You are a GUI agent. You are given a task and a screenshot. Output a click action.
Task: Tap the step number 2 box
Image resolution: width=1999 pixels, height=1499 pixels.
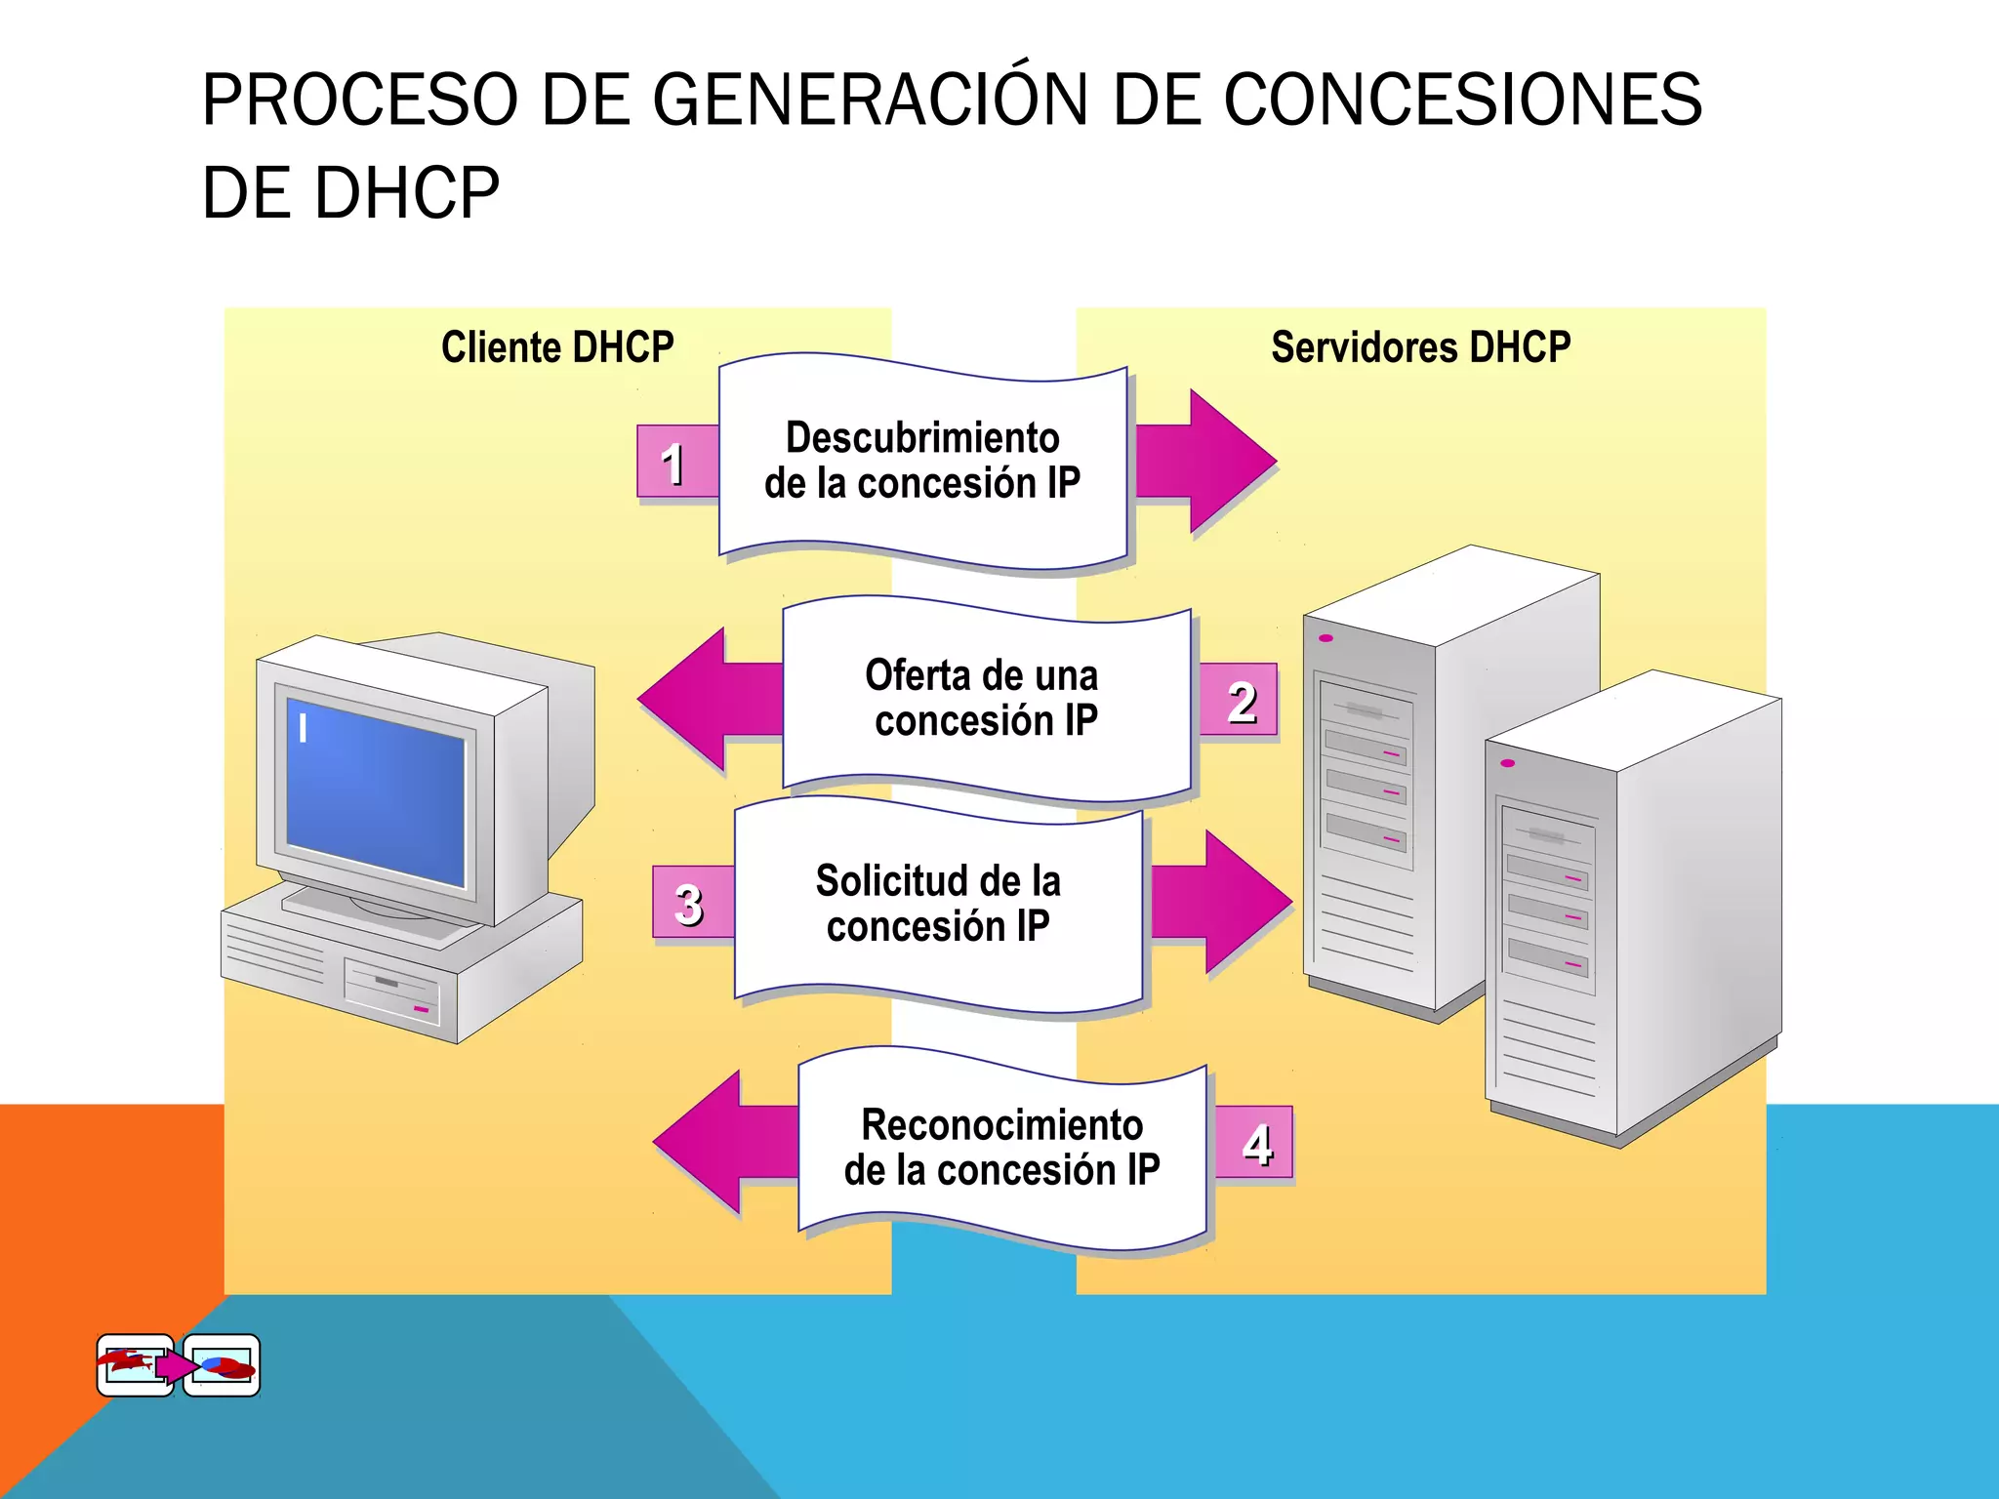point(1240,702)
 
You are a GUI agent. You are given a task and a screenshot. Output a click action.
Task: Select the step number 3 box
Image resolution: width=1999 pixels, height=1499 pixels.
point(691,903)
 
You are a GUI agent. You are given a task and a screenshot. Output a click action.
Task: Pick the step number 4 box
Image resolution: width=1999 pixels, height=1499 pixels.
point(1255,1142)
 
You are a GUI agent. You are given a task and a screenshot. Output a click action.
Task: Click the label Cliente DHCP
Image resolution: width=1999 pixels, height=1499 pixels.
point(557,347)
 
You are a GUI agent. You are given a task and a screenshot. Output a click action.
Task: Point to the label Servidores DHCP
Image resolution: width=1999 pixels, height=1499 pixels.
point(1420,347)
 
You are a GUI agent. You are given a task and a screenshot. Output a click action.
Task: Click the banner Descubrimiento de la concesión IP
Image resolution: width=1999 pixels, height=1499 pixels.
point(922,461)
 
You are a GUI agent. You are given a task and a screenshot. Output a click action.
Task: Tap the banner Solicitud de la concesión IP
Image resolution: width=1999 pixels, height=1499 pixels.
point(938,904)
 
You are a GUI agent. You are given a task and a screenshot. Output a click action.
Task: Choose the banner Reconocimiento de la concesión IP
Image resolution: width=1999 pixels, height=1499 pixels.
point(1002,1148)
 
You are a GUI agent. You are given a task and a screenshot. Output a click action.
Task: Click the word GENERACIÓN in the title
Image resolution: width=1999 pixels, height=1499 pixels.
point(869,100)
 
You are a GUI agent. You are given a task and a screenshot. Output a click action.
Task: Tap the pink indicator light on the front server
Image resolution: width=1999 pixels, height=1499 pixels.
point(1508,763)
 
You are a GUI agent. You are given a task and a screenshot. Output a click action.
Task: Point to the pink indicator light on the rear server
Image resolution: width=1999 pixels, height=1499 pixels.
point(1326,638)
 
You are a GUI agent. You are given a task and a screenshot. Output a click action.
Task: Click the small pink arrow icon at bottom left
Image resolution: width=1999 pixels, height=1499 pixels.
point(175,1365)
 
